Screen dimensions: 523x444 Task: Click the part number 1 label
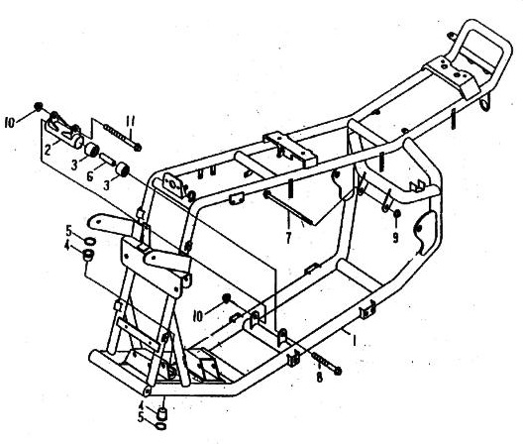point(355,341)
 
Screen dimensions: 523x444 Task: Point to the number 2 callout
point(48,150)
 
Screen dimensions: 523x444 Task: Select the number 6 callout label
point(90,176)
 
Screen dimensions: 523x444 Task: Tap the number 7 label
point(288,237)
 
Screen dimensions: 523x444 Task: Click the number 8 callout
point(320,377)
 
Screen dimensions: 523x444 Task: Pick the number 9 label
point(395,237)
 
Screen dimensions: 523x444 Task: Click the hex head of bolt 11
point(137,148)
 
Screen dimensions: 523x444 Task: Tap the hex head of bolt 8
point(338,371)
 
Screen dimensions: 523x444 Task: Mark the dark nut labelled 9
point(397,213)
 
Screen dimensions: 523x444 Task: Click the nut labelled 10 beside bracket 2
point(39,106)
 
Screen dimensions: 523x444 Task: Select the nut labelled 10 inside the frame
point(227,298)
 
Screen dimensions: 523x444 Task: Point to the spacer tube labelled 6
point(107,160)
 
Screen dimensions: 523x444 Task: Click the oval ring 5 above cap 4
point(90,241)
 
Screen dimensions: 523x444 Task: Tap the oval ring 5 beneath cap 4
point(160,425)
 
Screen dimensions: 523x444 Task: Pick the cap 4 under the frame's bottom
point(161,412)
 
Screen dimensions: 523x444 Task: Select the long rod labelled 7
point(289,207)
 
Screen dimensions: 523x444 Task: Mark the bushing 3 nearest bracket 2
point(91,150)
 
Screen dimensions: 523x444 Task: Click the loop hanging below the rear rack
point(484,103)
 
